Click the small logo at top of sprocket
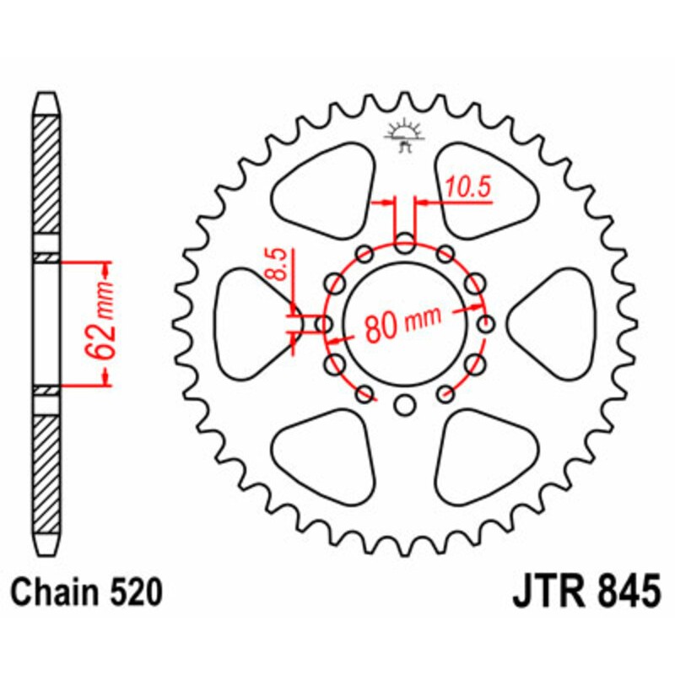tap(404, 136)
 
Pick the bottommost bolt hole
tap(405, 404)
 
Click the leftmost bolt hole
tap(323, 323)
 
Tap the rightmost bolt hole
tap(486, 323)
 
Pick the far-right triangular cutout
tap(557, 322)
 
